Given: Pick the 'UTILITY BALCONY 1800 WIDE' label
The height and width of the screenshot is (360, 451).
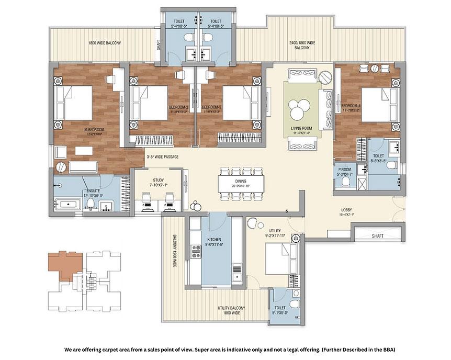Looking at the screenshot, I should pos(232,311).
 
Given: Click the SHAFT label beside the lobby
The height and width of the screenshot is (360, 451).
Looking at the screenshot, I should pos(377,236).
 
